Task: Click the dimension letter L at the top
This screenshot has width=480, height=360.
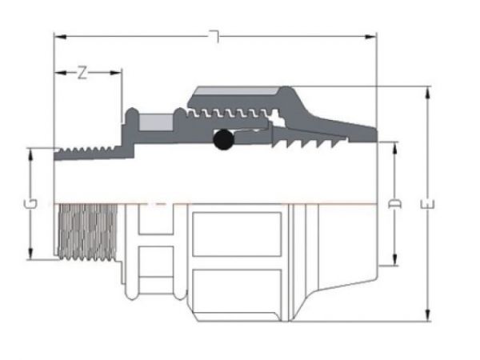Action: click(214, 36)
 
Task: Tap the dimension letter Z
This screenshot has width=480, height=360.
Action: click(82, 73)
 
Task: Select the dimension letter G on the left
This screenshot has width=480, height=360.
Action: click(30, 205)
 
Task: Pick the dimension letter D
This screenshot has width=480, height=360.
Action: click(394, 205)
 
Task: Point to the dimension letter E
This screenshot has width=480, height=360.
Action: click(430, 205)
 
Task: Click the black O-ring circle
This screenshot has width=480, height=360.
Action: click(224, 141)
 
